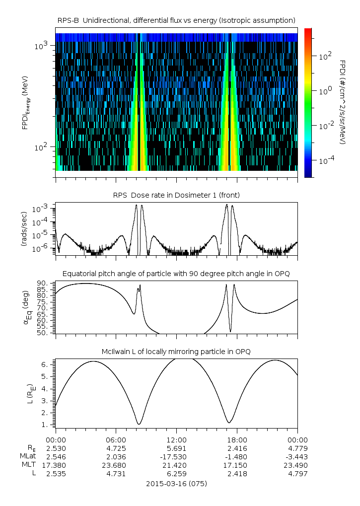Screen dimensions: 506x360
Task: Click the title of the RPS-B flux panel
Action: click(177, 20)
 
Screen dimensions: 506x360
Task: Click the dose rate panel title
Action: click(177, 195)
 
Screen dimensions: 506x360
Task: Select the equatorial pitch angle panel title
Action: click(177, 274)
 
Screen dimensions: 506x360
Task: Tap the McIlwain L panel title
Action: click(177, 352)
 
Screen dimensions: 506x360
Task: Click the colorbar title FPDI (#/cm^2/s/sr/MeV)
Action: click(343, 102)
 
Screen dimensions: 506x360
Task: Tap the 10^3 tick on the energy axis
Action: click(40, 46)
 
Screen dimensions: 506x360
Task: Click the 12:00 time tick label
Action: click(177, 440)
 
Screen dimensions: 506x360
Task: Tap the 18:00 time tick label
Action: click(237, 440)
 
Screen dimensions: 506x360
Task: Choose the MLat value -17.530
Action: click(177, 457)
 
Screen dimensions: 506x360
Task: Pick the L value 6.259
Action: click(177, 474)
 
